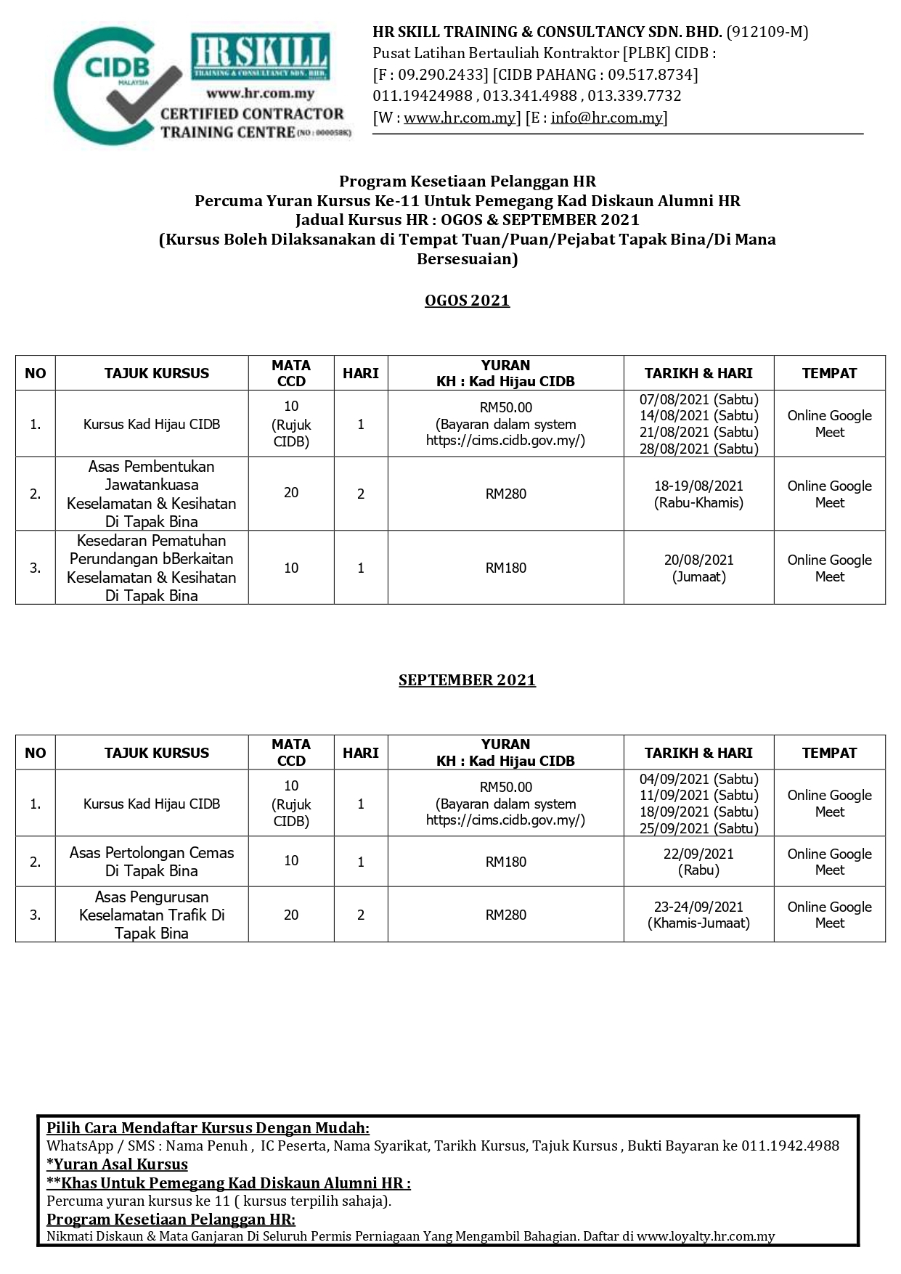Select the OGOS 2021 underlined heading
(x=467, y=301)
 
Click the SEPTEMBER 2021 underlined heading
(x=467, y=680)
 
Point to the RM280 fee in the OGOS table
(x=505, y=494)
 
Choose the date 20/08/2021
(x=698, y=560)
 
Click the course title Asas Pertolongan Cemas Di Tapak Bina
(x=152, y=862)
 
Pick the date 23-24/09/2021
(x=698, y=907)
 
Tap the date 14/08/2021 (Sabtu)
(x=698, y=415)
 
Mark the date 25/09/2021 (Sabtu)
(x=698, y=828)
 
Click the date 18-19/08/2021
(x=698, y=486)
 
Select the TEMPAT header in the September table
(x=829, y=753)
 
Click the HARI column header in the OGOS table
(x=361, y=373)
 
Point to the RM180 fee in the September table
(x=505, y=862)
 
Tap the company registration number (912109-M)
(x=767, y=32)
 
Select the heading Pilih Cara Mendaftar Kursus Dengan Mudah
(x=208, y=1127)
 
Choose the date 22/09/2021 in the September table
(x=698, y=854)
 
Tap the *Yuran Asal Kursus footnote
(x=117, y=1164)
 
